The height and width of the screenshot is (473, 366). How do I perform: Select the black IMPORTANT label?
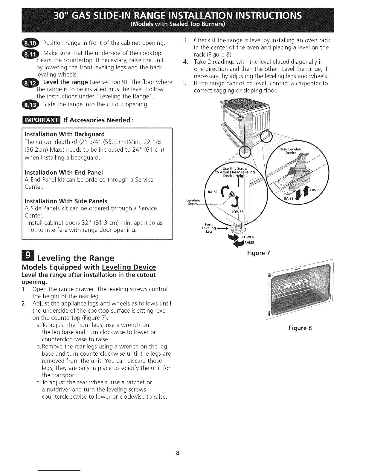tap(41, 120)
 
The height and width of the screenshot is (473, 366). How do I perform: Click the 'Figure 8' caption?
tap(300, 328)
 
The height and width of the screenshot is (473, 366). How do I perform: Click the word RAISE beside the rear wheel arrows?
tap(289, 199)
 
